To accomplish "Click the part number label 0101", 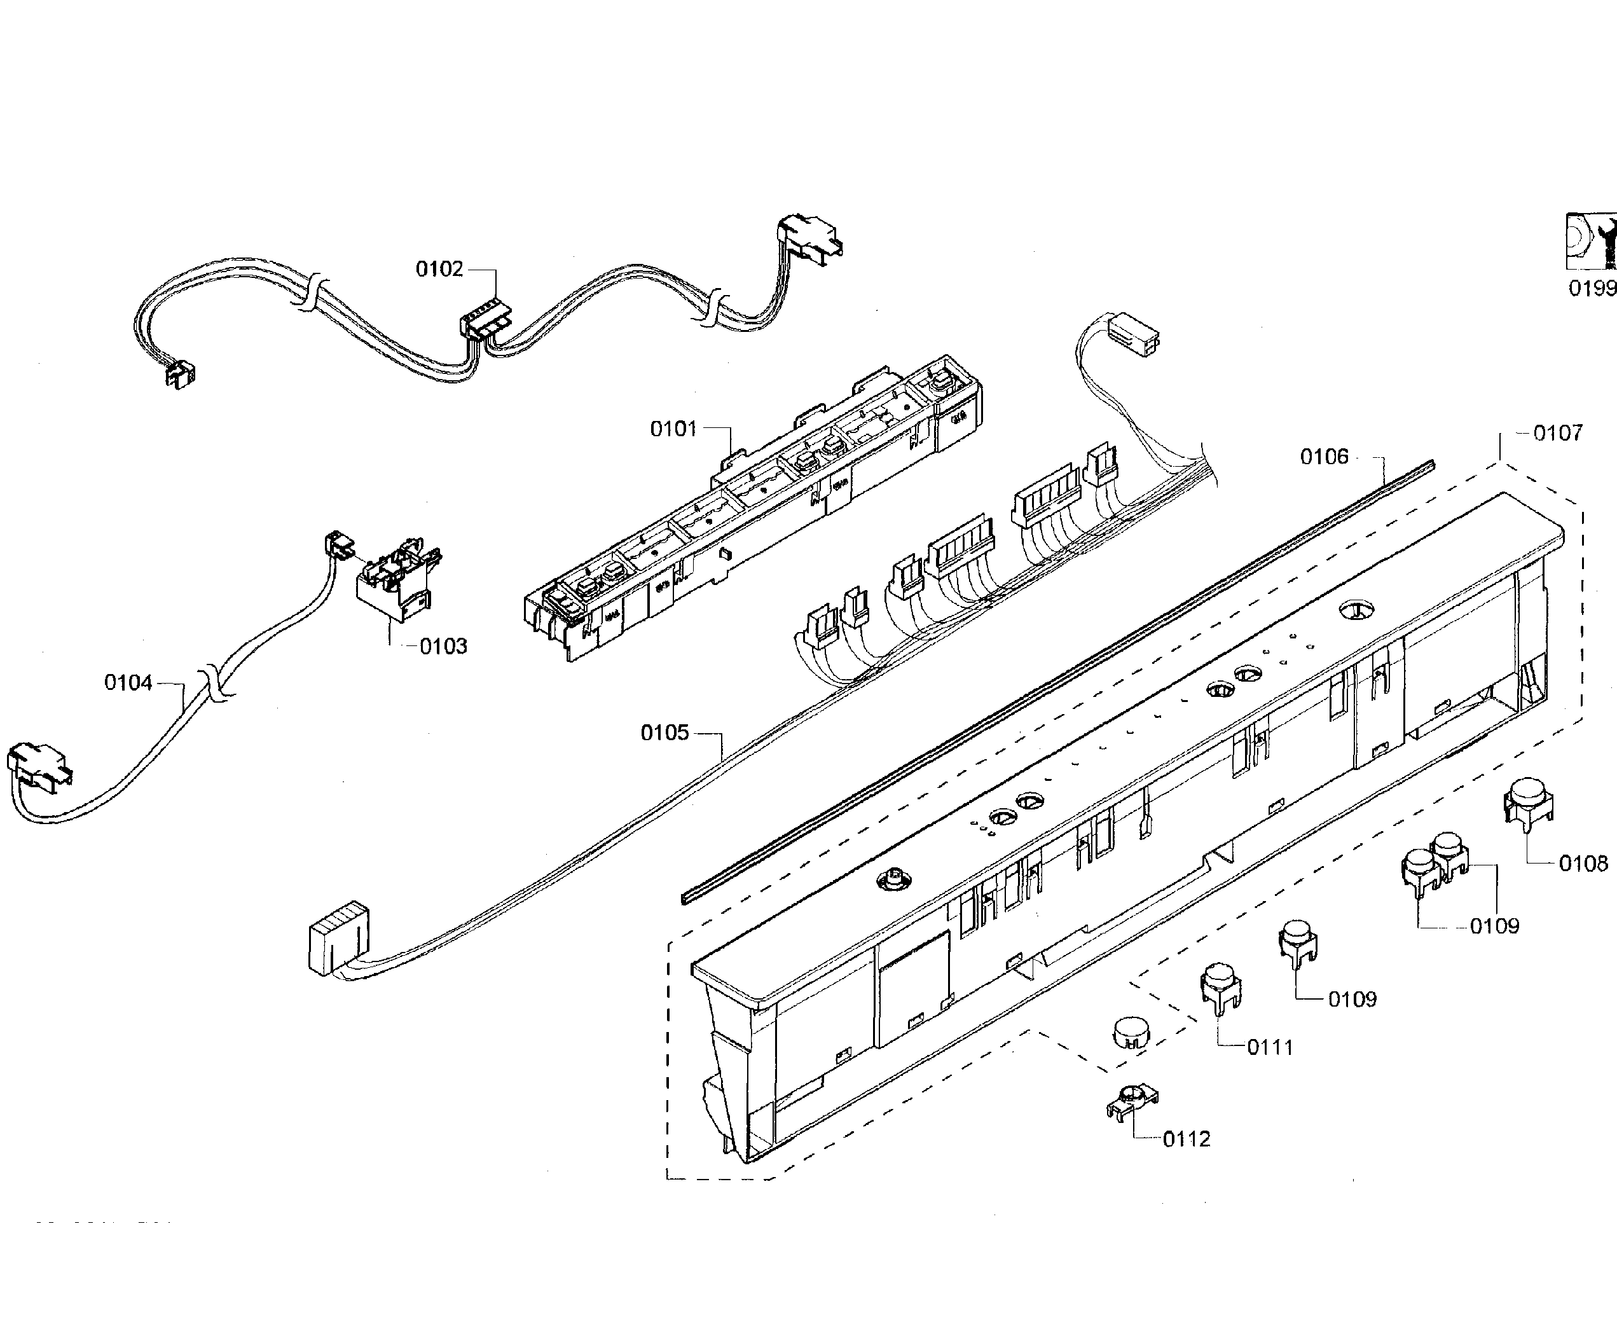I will pyautogui.click(x=673, y=429).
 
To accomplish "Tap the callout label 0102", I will pyautogui.click(x=439, y=269).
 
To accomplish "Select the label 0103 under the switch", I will pyautogui.click(x=443, y=647).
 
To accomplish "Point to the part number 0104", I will pyautogui.click(x=128, y=683).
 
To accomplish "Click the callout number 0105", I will pyautogui.click(x=664, y=733).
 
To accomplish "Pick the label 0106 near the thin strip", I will pyautogui.click(x=1324, y=457).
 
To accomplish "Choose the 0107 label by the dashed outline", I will pyautogui.click(x=1558, y=433).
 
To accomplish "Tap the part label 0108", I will pyautogui.click(x=1583, y=864).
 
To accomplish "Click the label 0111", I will pyautogui.click(x=1270, y=1048).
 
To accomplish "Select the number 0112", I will pyautogui.click(x=1186, y=1140).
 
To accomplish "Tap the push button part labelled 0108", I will pyautogui.click(x=1527, y=802).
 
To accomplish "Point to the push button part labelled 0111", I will pyautogui.click(x=1220, y=987).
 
